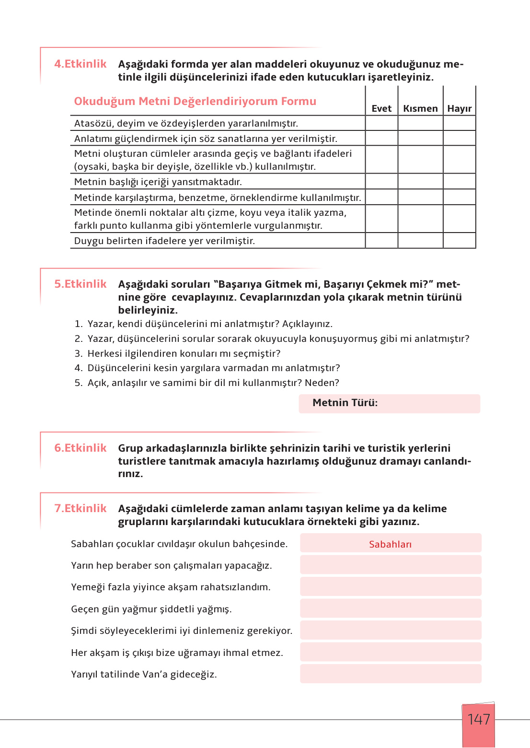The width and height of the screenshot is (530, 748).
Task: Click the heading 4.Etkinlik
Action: (80, 64)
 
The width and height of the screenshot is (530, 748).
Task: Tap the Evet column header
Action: (381, 108)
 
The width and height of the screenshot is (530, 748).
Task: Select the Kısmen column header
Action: (420, 108)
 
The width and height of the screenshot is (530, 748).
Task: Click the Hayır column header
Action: (459, 108)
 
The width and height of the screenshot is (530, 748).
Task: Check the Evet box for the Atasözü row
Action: (381, 123)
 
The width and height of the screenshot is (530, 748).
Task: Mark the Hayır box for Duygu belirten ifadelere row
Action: (459, 241)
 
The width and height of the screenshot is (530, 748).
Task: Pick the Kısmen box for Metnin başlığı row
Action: (420, 182)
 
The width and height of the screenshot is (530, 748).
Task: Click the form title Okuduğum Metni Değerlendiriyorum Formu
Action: (195, 101)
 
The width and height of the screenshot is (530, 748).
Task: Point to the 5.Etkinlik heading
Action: (80, 284)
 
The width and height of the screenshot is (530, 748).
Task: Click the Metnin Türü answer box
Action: (389, 403)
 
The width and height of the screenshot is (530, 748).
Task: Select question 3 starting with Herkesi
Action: (184, 353)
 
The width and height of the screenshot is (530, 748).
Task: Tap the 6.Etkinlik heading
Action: (80, 448)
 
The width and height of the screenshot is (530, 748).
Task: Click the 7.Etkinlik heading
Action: (80, 508)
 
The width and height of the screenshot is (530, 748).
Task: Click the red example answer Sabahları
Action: (390, 544)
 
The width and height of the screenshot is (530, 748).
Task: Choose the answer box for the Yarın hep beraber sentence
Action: (391, 565)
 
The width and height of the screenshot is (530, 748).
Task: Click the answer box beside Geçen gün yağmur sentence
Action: (391, 608)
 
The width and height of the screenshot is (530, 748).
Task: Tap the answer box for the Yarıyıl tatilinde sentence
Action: (391, 674)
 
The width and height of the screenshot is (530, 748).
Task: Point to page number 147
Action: (478, 719)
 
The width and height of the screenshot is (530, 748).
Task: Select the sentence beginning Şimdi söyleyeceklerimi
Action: (182, 631)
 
